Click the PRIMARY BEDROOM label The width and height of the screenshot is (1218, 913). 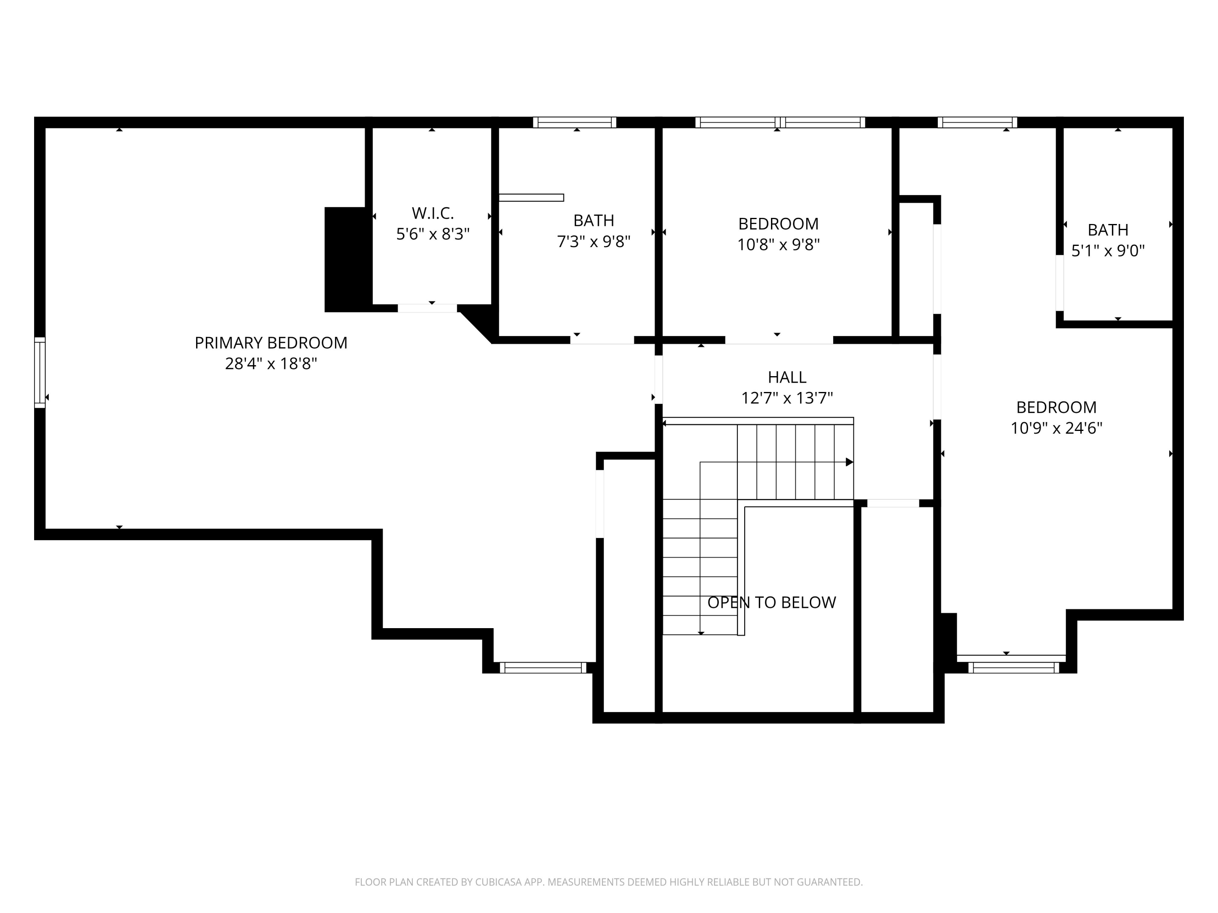pyautogui.click(x=271, y=343)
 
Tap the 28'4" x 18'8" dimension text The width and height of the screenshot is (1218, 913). pyautogui.click(x=271, y=364)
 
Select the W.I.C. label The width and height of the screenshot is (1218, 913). pyautogui.click(x=433, y=213)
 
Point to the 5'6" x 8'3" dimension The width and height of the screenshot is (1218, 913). pyautogui.click(x=433, y=234)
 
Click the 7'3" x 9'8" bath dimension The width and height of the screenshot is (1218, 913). pyautogui.click(x=594, y=241)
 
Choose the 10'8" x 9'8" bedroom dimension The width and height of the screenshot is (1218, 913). pyautogui.click(x=779, y=244)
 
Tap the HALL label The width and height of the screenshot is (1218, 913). pyautogui.click(x=787, y=377)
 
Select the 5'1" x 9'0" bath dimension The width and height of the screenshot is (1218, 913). pyautogui.click(x=1108, y=250)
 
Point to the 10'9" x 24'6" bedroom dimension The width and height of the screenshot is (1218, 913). pyautogui.click(x=1056, y=428)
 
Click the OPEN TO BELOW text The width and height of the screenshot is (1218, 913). pyautogui.click(x=771, y=603)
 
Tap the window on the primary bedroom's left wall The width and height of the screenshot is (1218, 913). pyautogui.click(x=40, y=373)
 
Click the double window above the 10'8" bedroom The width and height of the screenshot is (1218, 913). pyautogui.click(x=780, y=122)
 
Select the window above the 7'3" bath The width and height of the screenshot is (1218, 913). pyautogui.click(x=574, y=122)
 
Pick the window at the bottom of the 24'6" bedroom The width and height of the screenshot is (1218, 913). pyautogui.click(x=1013, y=668)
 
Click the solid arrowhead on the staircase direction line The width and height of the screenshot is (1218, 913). pyautogui.click(x=850, y=462)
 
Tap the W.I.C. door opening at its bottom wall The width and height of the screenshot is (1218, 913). pyautogui.click(x=427, y=308)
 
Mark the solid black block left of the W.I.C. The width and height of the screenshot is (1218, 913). pyautogui.click(x=346, y=260)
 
